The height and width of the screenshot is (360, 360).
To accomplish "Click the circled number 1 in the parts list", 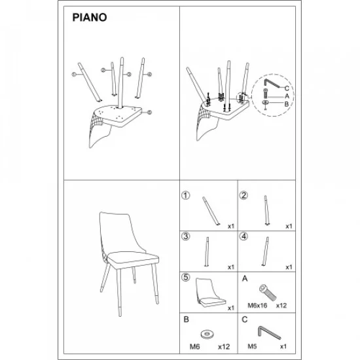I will click(186, 195).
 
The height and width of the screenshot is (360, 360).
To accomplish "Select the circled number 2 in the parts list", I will click(243, 195).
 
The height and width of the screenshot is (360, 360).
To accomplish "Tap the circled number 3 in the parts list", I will click(186, 236).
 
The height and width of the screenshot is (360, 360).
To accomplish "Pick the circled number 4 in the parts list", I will click(243, 236).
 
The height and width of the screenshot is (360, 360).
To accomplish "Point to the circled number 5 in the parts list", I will click(186, 278).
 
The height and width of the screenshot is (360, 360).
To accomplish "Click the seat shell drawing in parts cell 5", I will click(208, 291).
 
